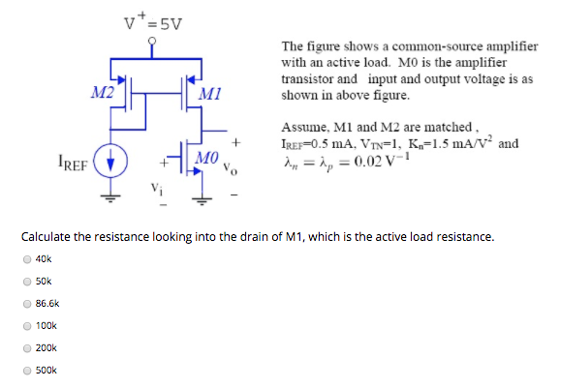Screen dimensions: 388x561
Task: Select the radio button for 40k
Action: [27, 258]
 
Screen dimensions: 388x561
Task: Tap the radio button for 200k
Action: [27, 347]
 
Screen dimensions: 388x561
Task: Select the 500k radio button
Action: [27, 370]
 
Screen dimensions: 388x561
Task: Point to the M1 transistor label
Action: [207, 94]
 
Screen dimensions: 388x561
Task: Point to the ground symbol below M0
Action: [202, 199]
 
